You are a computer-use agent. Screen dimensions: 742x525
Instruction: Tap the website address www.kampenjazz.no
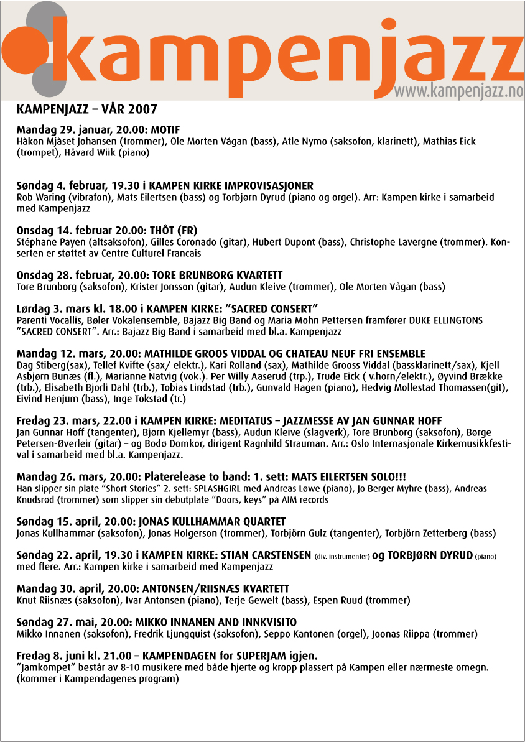[459, 91]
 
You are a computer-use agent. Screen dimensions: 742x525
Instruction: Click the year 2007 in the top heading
[143, 110]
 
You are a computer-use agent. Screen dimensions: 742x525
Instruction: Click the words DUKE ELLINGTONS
[447, 320]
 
